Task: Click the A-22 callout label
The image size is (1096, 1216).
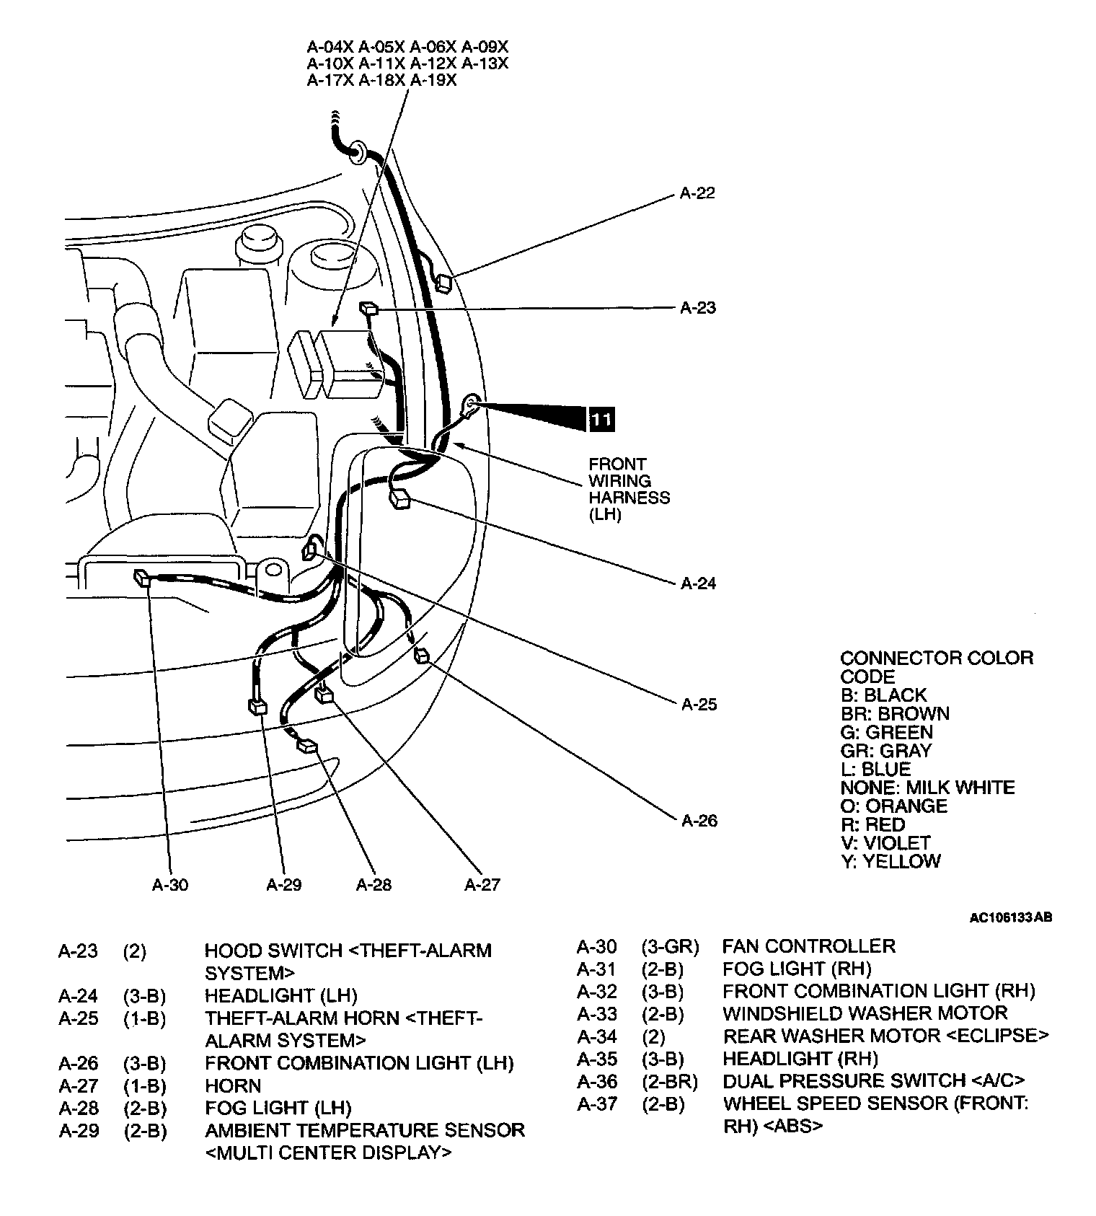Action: [697, 193]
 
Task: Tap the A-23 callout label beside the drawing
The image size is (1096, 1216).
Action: [698, 308]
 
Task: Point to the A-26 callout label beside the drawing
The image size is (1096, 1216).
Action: [699, 821]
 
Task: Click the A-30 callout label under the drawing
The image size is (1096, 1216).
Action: [170, 885]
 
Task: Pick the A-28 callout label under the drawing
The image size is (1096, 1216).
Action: [374, 885]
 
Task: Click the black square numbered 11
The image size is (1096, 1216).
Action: [601, 419]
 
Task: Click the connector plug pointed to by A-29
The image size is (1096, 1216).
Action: [257, 706]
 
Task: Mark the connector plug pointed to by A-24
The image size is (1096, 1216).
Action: [399, 499]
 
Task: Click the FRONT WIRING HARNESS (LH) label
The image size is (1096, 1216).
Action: [629, 490]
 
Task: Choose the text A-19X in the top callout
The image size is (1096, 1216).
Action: [433, 81]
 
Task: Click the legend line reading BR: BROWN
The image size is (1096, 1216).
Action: [895, 714]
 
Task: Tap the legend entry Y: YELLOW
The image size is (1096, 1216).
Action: [890, 862]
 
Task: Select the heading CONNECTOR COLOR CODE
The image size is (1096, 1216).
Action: [936, 667]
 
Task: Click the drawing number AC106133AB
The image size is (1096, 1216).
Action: [1010, 918]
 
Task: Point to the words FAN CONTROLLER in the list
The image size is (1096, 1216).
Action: [808, 946]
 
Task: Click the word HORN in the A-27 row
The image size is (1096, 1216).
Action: [233, 1085]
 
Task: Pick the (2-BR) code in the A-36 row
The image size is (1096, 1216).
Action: [670, 1081]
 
